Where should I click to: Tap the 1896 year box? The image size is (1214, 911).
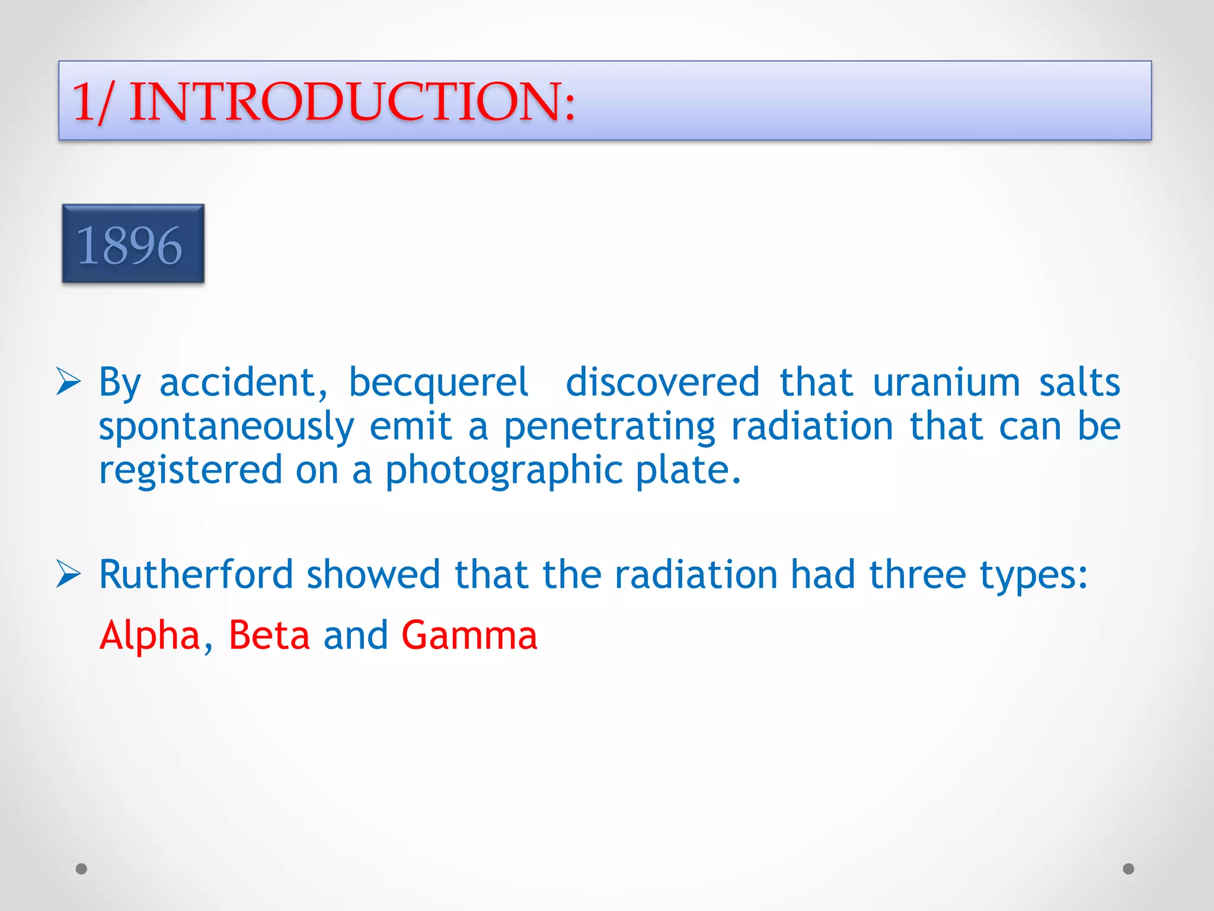point(133,244)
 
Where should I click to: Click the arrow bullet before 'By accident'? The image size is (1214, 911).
point(69,381)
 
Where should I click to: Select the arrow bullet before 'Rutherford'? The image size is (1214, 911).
point(69,574)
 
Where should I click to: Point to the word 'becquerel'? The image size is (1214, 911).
point(438,383)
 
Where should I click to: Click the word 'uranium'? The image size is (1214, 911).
point(946,383)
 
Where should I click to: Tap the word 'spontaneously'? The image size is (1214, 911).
point(226,428)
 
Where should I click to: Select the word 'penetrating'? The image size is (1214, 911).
point(609,428)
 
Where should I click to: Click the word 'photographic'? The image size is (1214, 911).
point(504,471)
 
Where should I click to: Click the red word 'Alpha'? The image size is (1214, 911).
point(150,635)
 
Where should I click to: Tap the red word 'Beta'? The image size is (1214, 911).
point(269,635)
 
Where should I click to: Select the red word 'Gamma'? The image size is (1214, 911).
point(469,635)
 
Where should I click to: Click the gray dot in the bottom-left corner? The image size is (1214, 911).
point(82,869)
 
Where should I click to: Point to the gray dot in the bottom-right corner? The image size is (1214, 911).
point(1129,869)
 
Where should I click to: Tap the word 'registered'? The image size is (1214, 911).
point(190,471)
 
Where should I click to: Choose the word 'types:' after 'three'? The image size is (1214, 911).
point(1034,575)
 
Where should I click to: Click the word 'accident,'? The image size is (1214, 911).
point(243,383)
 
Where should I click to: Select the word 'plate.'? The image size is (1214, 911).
point(688,471)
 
